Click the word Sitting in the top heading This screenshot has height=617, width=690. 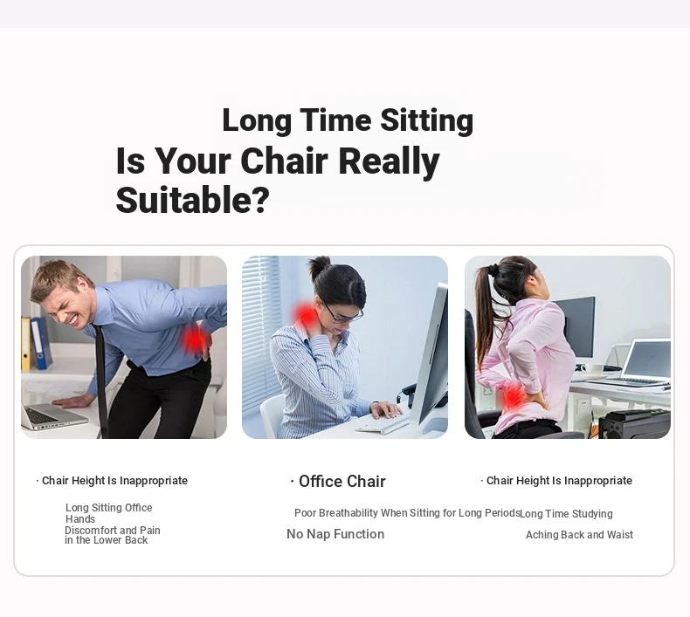pyautogui.click(x=426, y=121)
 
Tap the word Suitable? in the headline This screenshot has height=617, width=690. pyautogui.click(x=192, y=200)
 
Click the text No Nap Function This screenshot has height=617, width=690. pyautogui.click(x=335, y=534)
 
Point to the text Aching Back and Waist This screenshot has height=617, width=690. pyautogui.click(x=579, y=535)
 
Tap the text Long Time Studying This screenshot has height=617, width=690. pyautogui.click(x=566, y=514)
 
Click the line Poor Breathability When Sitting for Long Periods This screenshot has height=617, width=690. pyautogui.click(x=407, y=513)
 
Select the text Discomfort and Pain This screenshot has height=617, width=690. pyautogui.click(x=112, y=530)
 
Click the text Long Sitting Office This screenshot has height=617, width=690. pyautogui.click(x=108, y=508)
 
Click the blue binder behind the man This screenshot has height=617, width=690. pyautogui.click(x=41, y=343)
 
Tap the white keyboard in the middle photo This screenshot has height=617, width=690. pyautogui.click(x=383, y=423)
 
